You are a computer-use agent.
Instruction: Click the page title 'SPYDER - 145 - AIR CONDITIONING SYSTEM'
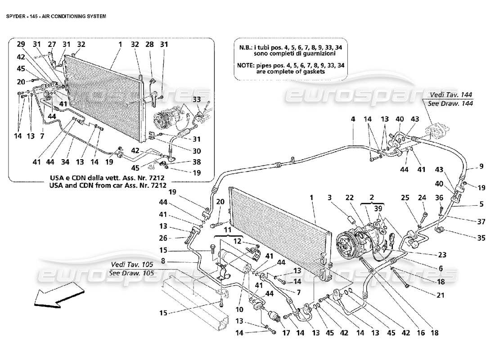[x=56, y=16]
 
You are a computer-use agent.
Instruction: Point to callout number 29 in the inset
[x=21, y=44]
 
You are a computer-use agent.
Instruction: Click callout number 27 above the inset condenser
[x=52, y=44]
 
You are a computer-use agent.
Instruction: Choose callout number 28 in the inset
[x=149, y=44]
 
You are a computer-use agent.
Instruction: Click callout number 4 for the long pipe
[x=353, y=119]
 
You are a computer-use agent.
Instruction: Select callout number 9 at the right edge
[x=481, y=166]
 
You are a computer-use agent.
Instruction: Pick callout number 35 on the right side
[x=481, y=238]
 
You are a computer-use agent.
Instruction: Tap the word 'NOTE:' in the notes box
[x=247, y=65]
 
